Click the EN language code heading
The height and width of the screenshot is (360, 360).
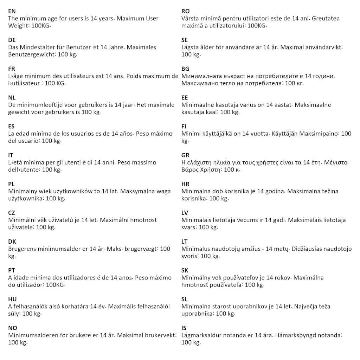pos(12,11)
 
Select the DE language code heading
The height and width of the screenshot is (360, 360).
pos(12,40)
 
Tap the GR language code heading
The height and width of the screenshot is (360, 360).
pos(185,155)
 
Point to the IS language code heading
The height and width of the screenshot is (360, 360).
pos(184,328)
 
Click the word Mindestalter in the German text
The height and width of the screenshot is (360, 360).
pos(37,47)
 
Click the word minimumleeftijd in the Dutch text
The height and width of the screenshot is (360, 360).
pos(39,105)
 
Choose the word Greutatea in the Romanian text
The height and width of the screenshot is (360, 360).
pos(326,18)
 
